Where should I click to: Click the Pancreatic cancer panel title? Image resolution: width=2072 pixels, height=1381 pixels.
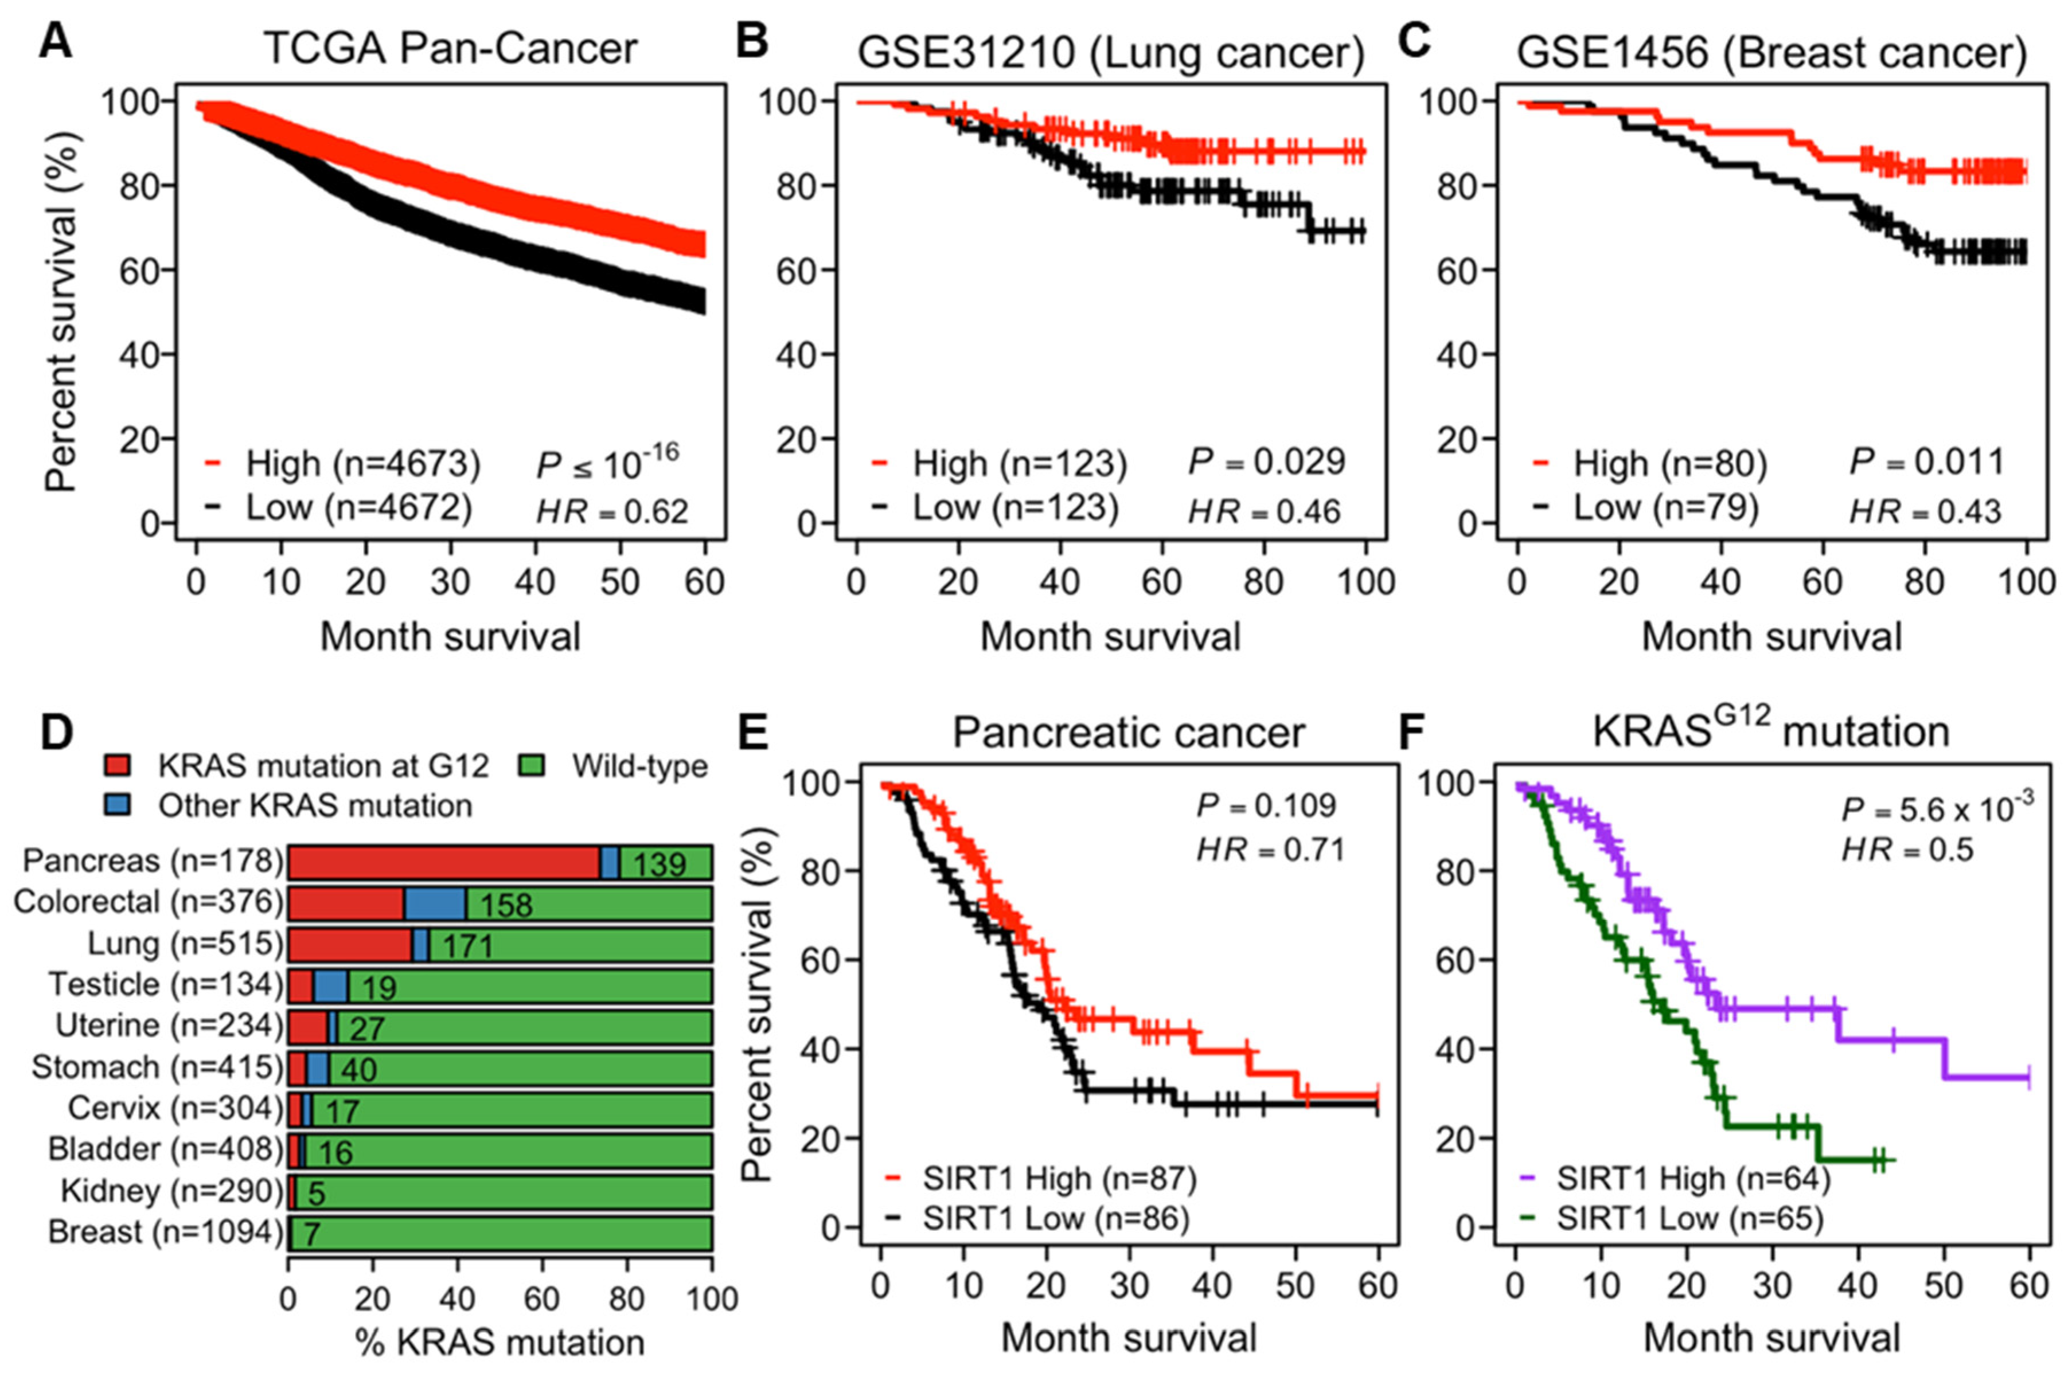pos(1129,733)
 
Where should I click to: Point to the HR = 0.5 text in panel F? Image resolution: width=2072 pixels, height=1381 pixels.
pos(1908,850)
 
